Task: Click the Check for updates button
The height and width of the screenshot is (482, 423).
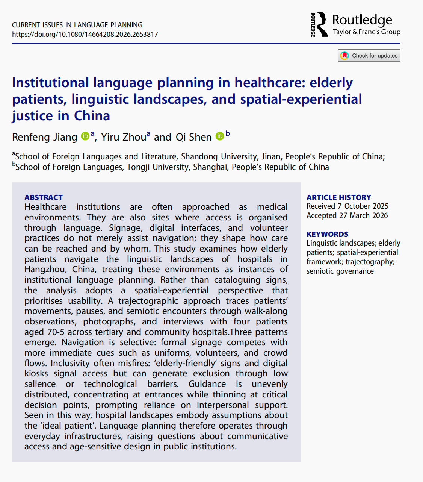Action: [369, 56]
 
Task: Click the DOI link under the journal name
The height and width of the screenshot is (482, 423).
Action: [85, 35]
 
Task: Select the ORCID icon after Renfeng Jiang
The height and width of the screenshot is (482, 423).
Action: [85, 136]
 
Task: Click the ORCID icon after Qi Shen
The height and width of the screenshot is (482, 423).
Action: [220, 136]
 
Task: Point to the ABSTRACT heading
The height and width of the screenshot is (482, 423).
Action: [44, 197]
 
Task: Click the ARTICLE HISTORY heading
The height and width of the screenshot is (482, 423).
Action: [338, 197]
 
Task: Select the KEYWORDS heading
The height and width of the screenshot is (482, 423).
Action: [327, 234]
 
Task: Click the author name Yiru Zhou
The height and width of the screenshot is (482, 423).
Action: [124, 137]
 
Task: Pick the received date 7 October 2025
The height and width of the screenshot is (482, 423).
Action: [363, 206]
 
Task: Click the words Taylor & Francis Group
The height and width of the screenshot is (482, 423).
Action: [367, 32]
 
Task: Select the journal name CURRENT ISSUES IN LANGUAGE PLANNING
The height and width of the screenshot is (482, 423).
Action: [77, 25]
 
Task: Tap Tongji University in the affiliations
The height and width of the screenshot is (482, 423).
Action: [158, 167]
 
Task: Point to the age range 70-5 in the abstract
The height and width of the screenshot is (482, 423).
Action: [56, 332]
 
